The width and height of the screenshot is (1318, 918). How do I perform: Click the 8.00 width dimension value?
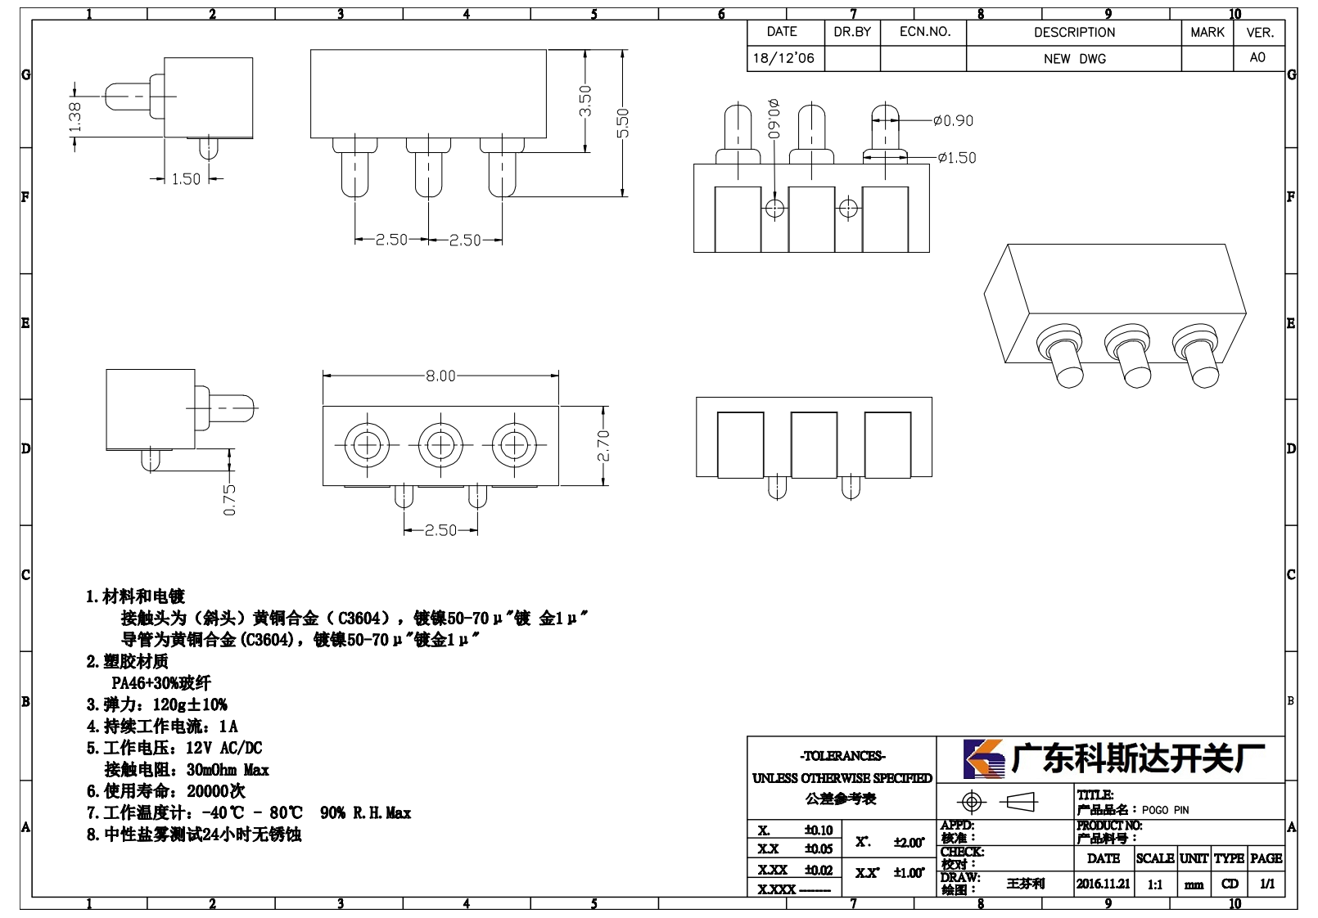(x=440, y=376)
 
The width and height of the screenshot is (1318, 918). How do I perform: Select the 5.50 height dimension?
(x=622, y=123)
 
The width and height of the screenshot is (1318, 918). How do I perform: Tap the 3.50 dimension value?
(x=585, y=101)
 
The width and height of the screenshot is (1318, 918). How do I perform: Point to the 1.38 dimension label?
(x=74, y=118)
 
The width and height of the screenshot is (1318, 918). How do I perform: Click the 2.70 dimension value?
(x=603, y=446)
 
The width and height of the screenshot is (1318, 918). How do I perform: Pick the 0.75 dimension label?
(x=229, y=501)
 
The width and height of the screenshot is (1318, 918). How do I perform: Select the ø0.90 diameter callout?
(x=953, y=120)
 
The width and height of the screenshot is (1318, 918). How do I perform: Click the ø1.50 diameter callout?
(x=957, y=158)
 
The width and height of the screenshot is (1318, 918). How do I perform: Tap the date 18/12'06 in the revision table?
(x=783, y=58)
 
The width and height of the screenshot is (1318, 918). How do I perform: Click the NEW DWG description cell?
(x=1074, y=59)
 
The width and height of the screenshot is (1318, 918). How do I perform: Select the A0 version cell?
(x=1257, y=57)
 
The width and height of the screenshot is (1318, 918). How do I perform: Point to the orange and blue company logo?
(x=984, y=758)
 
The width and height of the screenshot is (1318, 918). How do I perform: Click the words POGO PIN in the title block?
(x=1165, y=810)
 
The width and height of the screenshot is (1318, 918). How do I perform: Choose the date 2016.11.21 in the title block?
(x=1104, y=884)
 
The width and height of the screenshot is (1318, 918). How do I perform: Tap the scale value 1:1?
(x=1154, y=884)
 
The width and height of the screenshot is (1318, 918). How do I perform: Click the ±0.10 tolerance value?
(x=819, y=830)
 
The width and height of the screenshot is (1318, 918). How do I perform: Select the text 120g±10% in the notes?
(x=190, y=704)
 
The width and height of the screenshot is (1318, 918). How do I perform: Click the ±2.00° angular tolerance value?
(x=909, y=843)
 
